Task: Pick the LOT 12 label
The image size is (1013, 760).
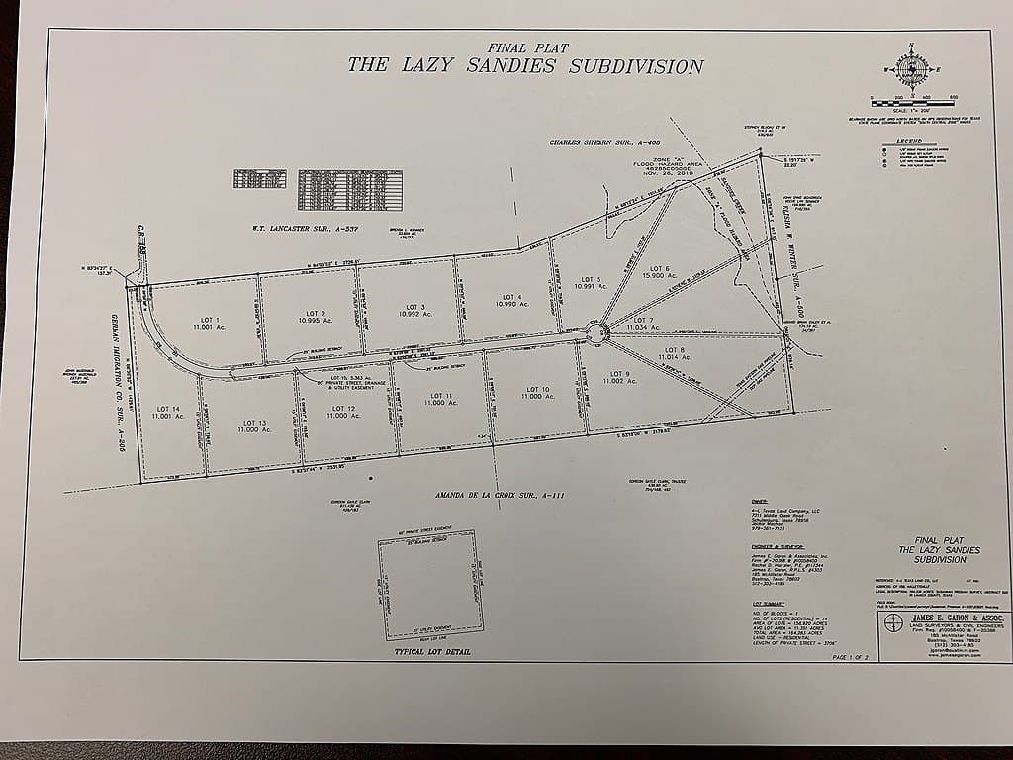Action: click(x=343, y=411)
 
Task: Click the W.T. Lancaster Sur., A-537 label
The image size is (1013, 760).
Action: click(x=305, y=230)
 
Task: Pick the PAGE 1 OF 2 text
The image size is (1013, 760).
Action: click(x=855, y=656)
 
